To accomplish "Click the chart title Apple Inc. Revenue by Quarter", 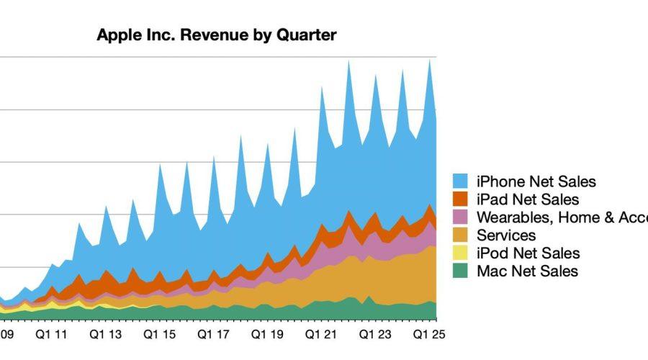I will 217,35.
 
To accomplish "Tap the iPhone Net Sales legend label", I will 536,181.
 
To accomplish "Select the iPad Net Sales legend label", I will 528,199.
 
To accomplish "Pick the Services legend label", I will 506,235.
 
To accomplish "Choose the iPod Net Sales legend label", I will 528,253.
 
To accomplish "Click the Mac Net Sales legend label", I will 527,271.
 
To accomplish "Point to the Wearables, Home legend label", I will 562,217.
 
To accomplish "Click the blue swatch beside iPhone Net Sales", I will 462,181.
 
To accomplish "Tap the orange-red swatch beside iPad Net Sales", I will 462,199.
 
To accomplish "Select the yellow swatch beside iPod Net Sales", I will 462,253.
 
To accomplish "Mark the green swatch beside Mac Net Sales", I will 462,271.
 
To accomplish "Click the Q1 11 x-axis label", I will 51,335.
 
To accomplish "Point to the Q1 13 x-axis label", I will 105,335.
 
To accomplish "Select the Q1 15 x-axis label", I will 159,335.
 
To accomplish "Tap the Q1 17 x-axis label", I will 213,335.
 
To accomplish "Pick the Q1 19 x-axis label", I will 267,335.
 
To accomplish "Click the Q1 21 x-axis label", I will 321,335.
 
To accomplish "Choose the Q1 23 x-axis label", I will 375,335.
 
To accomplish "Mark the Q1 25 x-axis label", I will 429,335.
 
